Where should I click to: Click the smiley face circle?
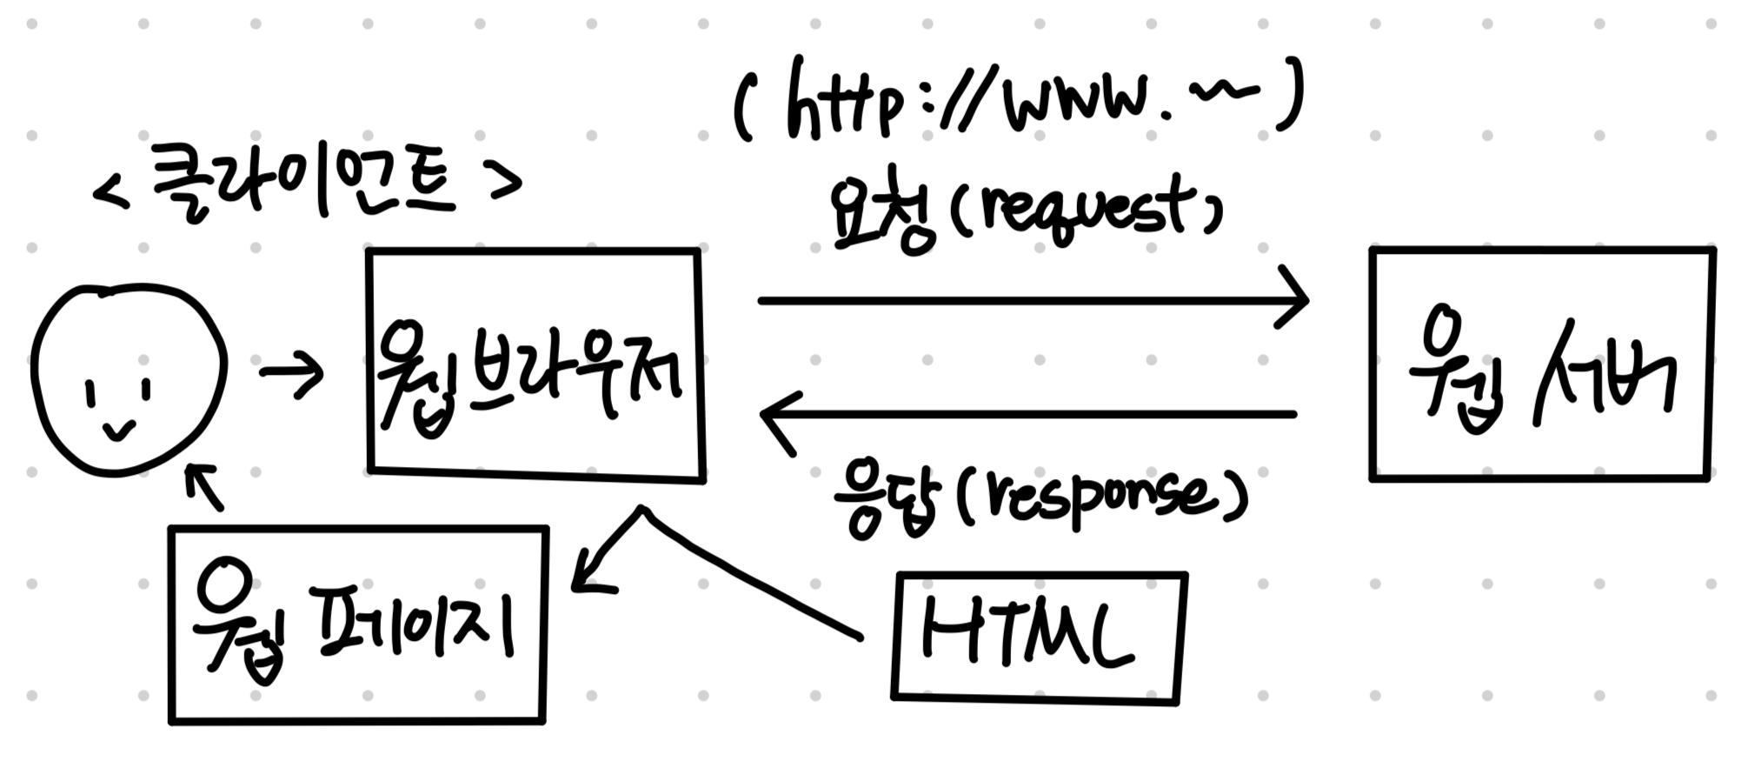[x=129, y=379]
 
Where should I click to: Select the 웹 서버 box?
[x=1540, y=364]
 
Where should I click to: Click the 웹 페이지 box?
[x=357, y=624]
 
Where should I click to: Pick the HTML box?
[x=1038, y=636]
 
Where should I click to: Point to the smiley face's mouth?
[x=119, y=430]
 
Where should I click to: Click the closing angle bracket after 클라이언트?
[x=506, y=181]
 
